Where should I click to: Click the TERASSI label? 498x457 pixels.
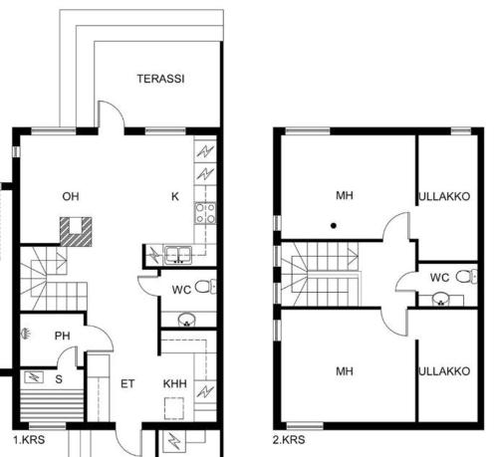pos(159,79)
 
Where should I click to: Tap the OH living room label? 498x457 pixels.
pos(70,196)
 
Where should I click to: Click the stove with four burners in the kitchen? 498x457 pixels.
pos(205,212)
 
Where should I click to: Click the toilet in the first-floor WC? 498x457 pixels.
pos(203,288)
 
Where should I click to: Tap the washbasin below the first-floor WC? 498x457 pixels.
pos(185,320)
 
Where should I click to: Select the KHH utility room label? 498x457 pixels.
pos(175,383)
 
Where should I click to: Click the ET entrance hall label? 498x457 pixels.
pos(127,383)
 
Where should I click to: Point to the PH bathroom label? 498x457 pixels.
pos(62,336)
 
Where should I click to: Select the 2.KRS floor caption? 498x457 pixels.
pos(288,437)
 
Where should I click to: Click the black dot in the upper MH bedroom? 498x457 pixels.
pos(335,226)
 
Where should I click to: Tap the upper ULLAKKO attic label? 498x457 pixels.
pos(444,196)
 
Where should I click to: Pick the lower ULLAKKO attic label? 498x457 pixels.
pos(444,371)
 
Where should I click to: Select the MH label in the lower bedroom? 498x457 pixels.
pos(345,371)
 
